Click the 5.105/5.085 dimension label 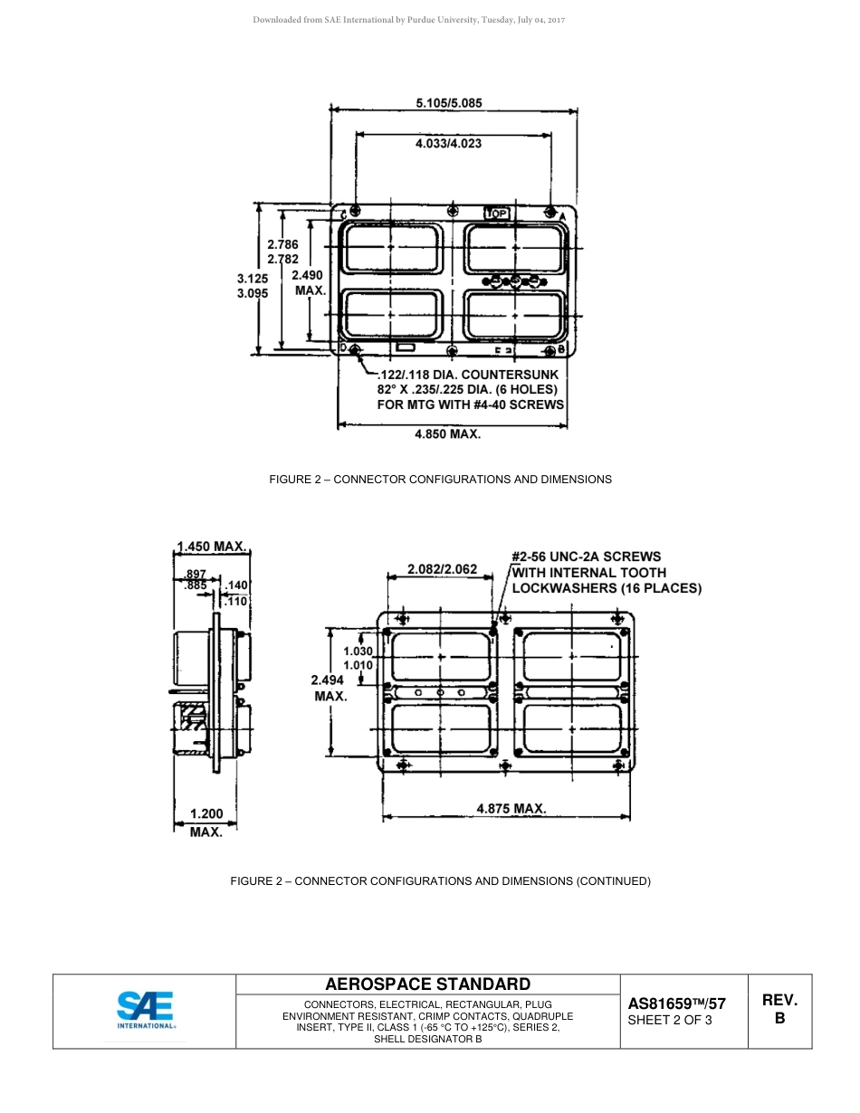[x=448, y=103]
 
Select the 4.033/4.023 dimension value [x=448, y=143]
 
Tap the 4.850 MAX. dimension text [x=447, y=434]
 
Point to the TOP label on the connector [x=497, y=214]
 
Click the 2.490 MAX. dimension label [x=310, y=282]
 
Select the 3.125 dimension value [x=253, y=279]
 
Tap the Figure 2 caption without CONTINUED [x=440, y=479]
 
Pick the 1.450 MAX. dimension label [x=212, y=546]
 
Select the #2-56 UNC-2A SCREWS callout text [x=587, y=556]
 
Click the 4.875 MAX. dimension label [x=511, y=808]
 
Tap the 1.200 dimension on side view [x=205, y=814]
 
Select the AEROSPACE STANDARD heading [x=427, y=985]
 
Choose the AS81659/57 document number [x=676, y=1004]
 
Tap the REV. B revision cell [x=779, y=1009]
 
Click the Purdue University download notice [x=408, y=20]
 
